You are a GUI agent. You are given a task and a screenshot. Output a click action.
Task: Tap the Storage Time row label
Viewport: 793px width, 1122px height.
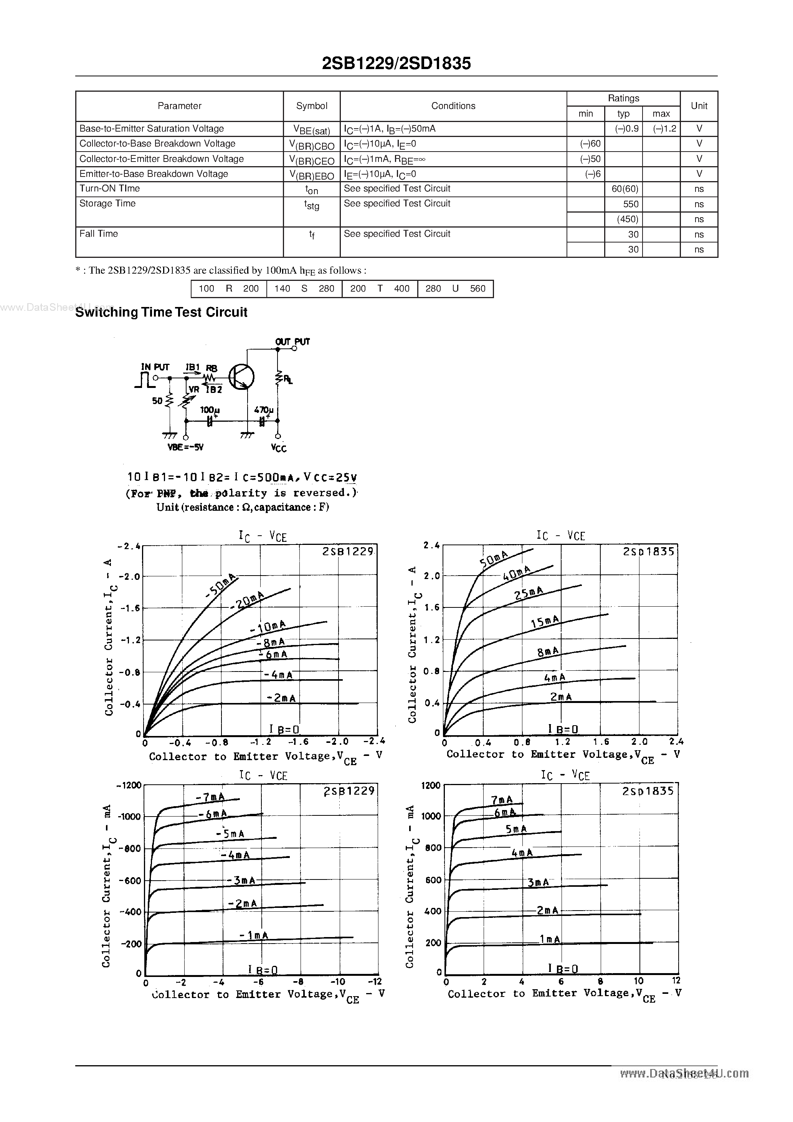coord(107,203)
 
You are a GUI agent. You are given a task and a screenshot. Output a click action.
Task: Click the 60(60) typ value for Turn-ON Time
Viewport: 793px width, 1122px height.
coord(624,189)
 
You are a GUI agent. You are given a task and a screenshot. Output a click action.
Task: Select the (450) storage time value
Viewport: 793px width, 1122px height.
coord(627,219)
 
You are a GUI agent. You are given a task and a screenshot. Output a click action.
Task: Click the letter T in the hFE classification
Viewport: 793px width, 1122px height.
coord(379,288)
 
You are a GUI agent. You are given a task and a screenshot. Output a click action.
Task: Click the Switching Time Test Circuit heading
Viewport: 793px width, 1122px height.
coord(161,312)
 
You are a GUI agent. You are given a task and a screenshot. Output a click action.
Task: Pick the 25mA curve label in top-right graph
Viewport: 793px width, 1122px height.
coord(529,593)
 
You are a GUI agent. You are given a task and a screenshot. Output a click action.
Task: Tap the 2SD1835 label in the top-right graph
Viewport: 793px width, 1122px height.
coord(648,551)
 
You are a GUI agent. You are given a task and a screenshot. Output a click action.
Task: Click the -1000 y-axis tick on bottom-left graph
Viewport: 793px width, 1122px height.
coord(130,816)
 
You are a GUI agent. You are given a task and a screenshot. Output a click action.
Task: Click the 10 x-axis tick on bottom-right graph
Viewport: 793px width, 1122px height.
coord(638,981)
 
